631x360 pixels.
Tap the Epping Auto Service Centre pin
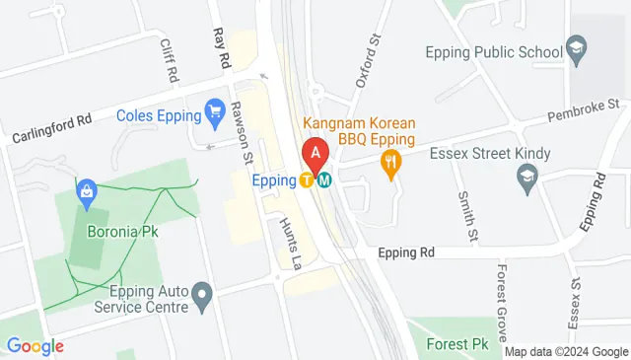coord(202,294)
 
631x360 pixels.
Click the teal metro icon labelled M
coord(323,180)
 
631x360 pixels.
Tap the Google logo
coord(35,346)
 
